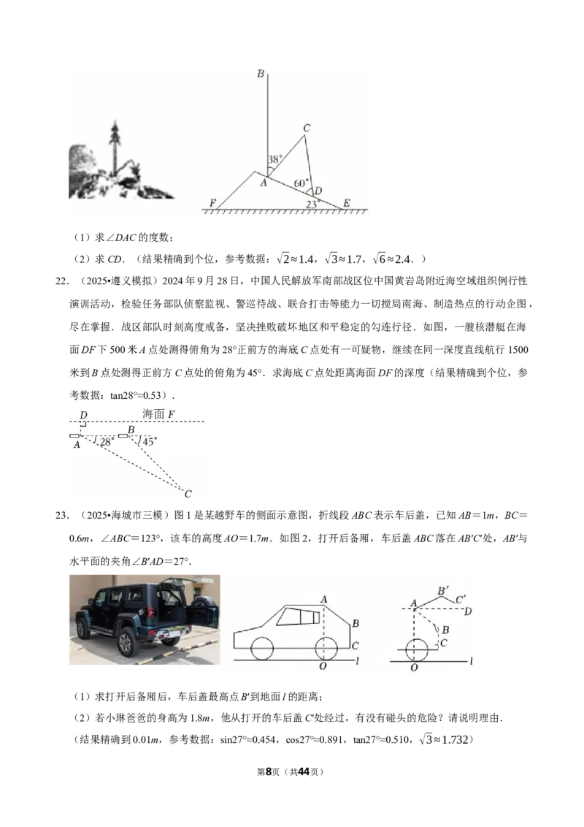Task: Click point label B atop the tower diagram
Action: (x=261, y=73)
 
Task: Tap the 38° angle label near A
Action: (x=275, y=159)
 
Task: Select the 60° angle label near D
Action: (x=301, y=183)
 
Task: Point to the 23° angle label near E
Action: (x=312, y=204)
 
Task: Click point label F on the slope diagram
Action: (x=212, y=203)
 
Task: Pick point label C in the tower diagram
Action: (x=306, y=128)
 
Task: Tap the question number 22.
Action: (x=62, y=281)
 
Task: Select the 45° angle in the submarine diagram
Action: (x=150, y=441)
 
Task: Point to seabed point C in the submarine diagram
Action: (x=188, y=494)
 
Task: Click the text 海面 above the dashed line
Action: (x=153, y=414)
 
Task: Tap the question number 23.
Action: (x=62, y=515)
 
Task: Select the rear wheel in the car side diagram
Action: (x=326, y=648)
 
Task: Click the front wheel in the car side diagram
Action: (x=262, y=648)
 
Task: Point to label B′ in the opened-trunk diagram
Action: (x=443, y=591)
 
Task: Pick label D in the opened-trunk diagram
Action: (x=467, y=611)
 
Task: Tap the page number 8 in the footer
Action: (x=269, y=771)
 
